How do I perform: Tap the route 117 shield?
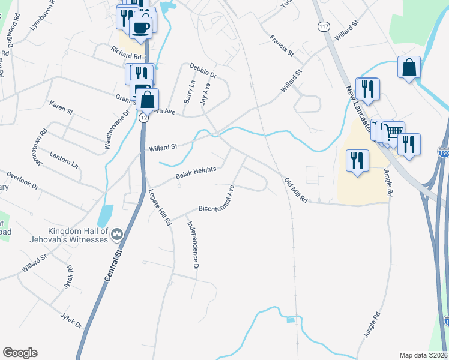coord(324,28)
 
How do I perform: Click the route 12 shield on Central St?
coord(143,118)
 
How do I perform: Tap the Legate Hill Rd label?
coord(160,206)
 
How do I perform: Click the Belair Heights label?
coord(196,173)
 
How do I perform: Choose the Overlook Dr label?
coord(23,181)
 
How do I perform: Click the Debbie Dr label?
coord(203,70)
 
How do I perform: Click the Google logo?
coord(20,353)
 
